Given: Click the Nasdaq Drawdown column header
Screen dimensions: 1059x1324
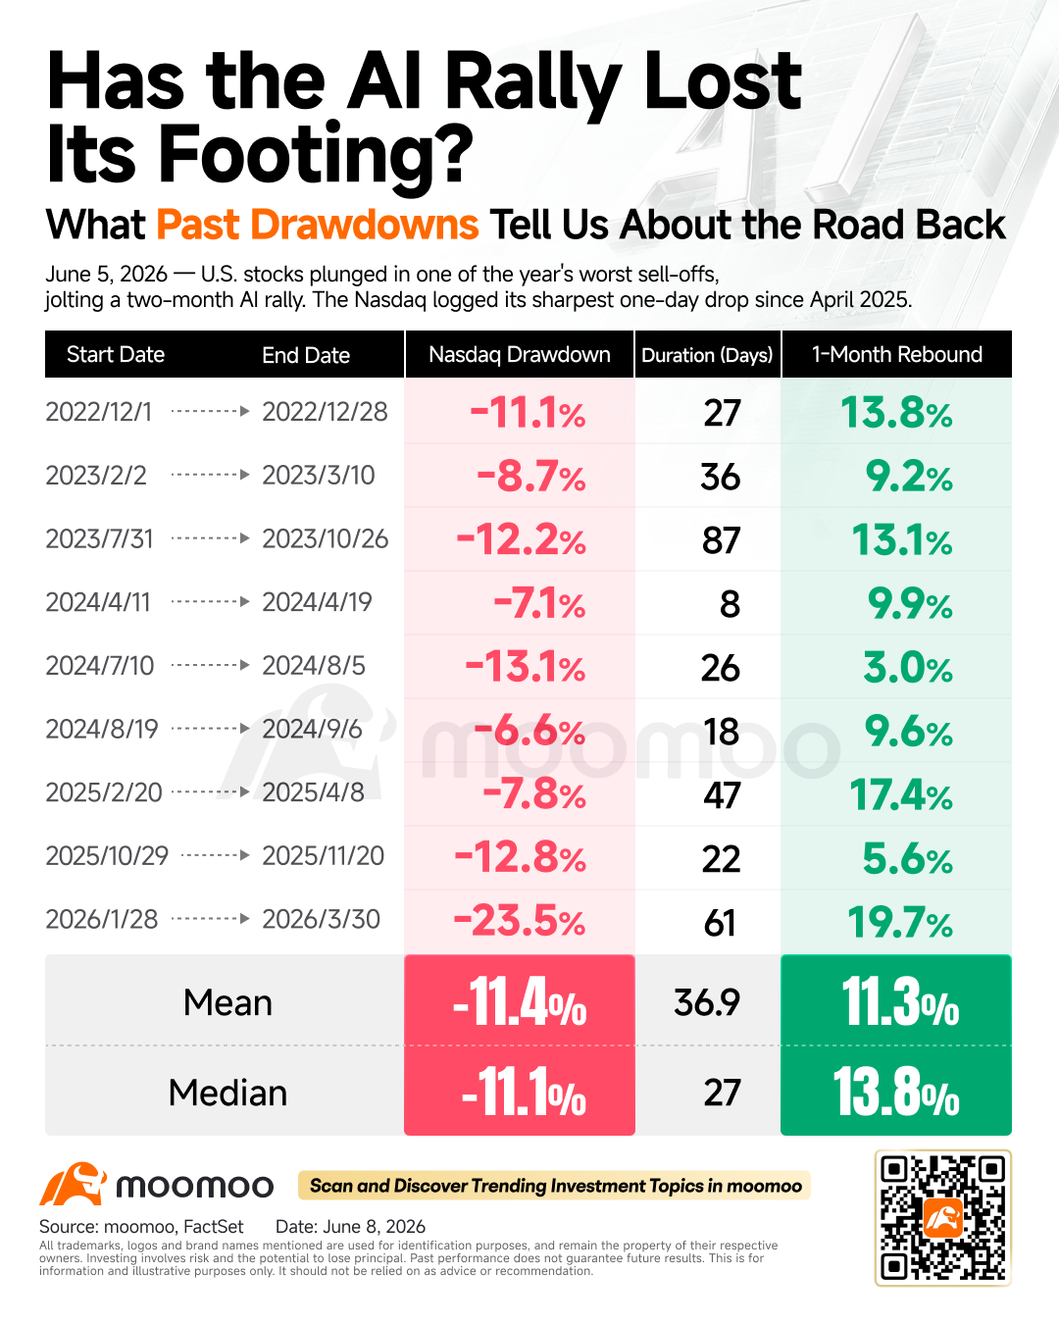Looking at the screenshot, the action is pyautogui.click(x=520, y=354).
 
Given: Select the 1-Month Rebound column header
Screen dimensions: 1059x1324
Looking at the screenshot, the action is pyautogui.click(x=896, y=354).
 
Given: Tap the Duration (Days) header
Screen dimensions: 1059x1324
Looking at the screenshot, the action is pyautogui.click(x=707, y=355).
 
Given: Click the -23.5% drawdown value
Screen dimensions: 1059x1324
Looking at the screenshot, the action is pyautogui.click(x=520, y=921).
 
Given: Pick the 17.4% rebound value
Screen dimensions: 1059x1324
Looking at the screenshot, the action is pyautogui.click(x=901, y=794).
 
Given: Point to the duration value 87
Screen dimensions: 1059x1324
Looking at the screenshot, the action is pyautogui.click(x=721, y=540).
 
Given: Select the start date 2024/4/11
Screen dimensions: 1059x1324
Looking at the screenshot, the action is pyautogui.click(x=98, y=602).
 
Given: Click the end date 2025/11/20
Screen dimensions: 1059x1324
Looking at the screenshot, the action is pyautogui.click(x=323, y=856).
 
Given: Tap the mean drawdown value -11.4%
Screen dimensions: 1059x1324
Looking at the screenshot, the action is pyautogui.click(x=520, y=1002).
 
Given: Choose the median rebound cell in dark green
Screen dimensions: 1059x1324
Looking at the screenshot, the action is pyautogui.click(x=896, y=1091).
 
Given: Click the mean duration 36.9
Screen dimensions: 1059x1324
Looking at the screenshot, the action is pyautogui.click(x=706, y=1002).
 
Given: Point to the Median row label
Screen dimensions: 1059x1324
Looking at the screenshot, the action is pyautogui.click(x=227, y=1093).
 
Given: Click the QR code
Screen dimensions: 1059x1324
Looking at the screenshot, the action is pyautogui.click(x=942, y=1217).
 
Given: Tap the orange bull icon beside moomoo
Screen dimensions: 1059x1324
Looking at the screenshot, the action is pyautogui.click(x=73, y=1184).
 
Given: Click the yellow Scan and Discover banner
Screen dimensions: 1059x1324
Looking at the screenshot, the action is pyautogui.click(x=554, y=1185).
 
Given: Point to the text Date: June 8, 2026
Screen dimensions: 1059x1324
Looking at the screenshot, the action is pyautogui.click(x=350, y=1226).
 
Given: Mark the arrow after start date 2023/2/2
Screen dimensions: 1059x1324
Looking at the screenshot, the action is pyautogui.click(x=210, y=475).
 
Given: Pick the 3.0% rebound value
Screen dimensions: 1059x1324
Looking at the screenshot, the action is pyautogui.click(x=908, y=668).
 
